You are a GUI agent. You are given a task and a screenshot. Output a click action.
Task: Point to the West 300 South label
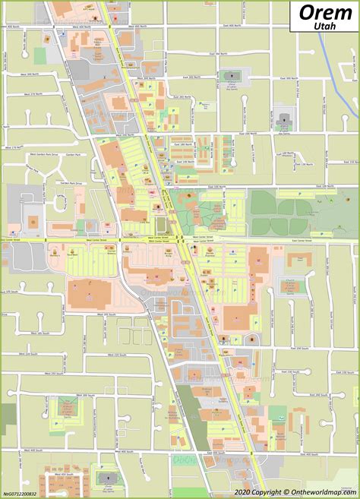pos(72,413)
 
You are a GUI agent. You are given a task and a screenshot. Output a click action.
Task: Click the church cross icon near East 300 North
pos(229,75)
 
